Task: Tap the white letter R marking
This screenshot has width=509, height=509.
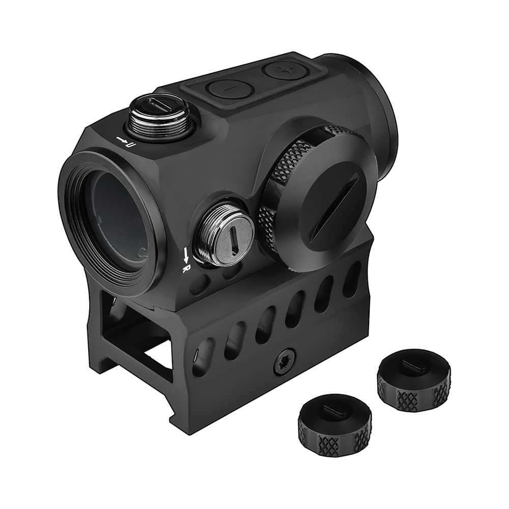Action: (187, 268)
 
